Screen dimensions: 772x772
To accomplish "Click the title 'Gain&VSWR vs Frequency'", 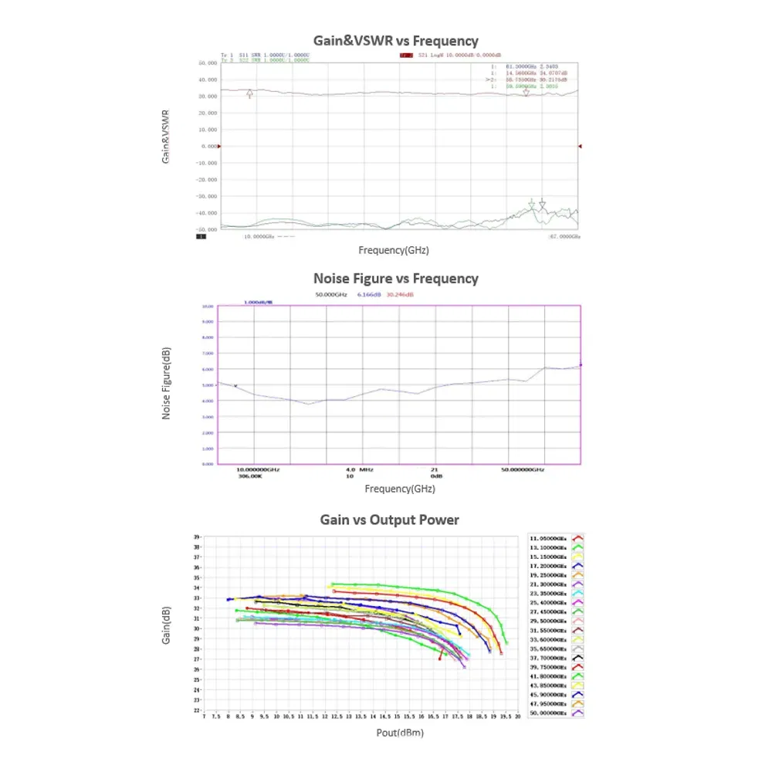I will pos(395,41).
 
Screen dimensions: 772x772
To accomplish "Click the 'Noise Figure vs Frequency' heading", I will pos(395,279).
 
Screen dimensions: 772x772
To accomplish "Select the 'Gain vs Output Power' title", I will pos(389,520).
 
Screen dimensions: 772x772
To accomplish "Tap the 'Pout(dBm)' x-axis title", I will pos(400,733).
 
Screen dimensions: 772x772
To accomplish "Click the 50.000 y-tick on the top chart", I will pos(206,63).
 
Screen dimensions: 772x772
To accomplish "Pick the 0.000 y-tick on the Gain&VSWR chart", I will pos(208,146).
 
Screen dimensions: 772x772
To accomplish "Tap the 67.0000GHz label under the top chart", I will pos(564,236).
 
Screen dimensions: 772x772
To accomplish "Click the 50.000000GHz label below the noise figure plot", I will pos(523,469).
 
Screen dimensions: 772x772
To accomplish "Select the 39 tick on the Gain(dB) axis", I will pos(198,537).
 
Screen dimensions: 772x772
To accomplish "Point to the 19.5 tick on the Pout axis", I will pos(505,716).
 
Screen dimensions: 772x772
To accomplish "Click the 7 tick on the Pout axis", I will pos(204,716).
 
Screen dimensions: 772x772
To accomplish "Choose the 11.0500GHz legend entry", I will pos(550,537).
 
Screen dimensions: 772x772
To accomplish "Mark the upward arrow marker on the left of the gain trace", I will pos(249,94).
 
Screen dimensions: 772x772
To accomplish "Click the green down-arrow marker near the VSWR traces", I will pos(531,204).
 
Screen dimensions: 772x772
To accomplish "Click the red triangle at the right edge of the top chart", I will pos(580,146).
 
